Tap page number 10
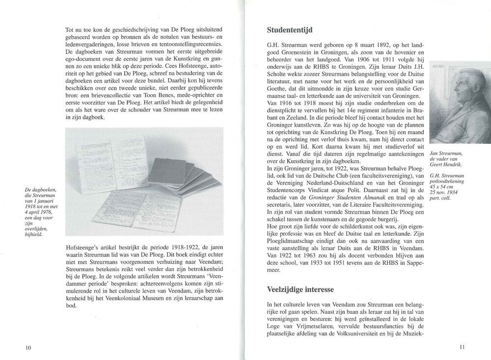tap(28, 348)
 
